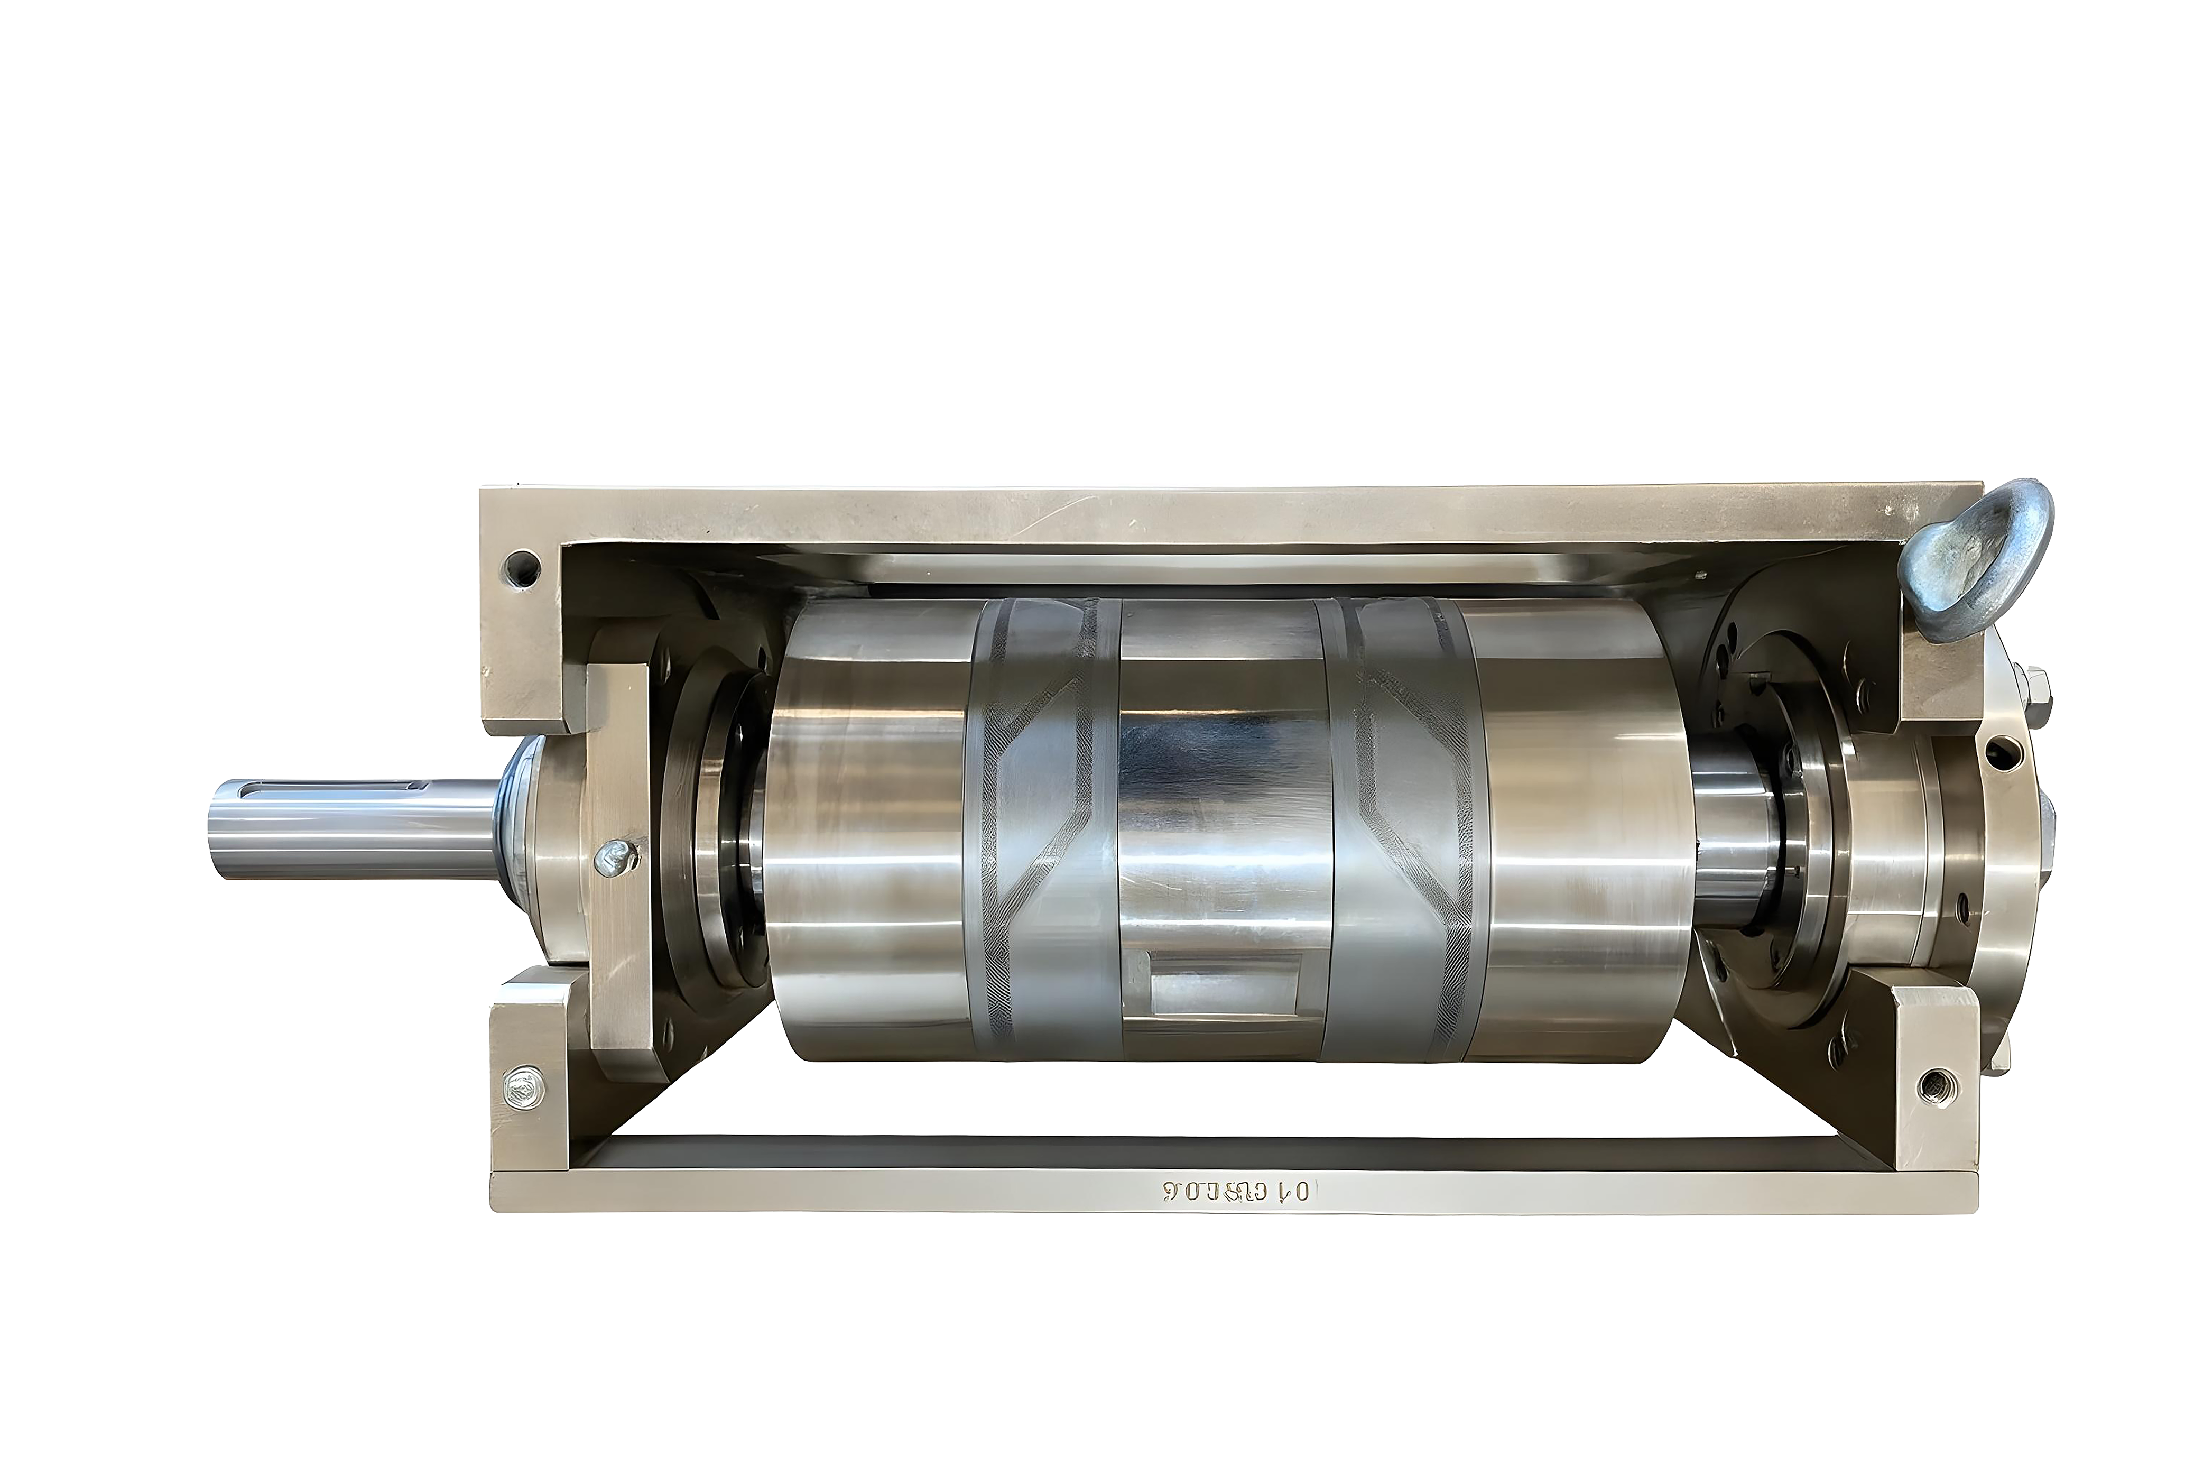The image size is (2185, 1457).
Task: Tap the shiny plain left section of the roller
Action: (x=868, y=836)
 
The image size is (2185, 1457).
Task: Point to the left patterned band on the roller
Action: (x=1045, y=836)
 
